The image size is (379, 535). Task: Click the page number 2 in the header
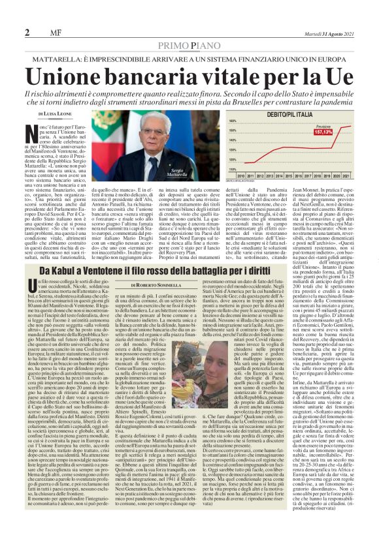(x=27, y=33)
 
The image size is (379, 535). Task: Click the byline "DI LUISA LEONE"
(x=48, y=113)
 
